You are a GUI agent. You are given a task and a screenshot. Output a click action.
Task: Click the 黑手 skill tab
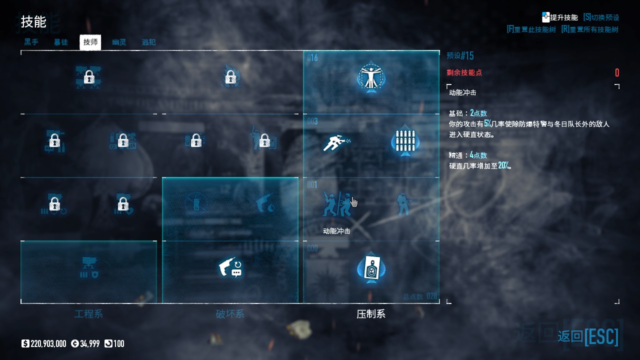[31, 42]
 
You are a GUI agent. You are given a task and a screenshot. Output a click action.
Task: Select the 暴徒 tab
[61, 42]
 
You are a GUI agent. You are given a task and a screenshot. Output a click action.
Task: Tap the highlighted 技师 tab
[90, 42]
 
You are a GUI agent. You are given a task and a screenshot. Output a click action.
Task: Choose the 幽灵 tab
[119, 42]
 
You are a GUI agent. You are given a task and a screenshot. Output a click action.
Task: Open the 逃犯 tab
[149, 42]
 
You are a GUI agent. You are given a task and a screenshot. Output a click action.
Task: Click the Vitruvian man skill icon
[371, 77]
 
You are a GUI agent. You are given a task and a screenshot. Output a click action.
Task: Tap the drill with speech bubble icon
[230, 268]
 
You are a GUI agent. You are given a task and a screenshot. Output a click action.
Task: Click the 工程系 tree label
[88, 314]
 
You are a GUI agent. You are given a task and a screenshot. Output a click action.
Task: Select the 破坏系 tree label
[230, 314]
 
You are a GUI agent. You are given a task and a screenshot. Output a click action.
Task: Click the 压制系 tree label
[371, 314]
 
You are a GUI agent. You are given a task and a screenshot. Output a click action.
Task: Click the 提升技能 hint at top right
[560, 17]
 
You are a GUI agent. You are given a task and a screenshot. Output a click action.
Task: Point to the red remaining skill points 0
[617, 73]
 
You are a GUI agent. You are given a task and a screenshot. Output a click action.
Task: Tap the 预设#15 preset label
[460, 55]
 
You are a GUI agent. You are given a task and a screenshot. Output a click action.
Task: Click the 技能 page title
[33, 22]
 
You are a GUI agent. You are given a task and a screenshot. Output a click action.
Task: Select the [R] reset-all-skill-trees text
[589, 29]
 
